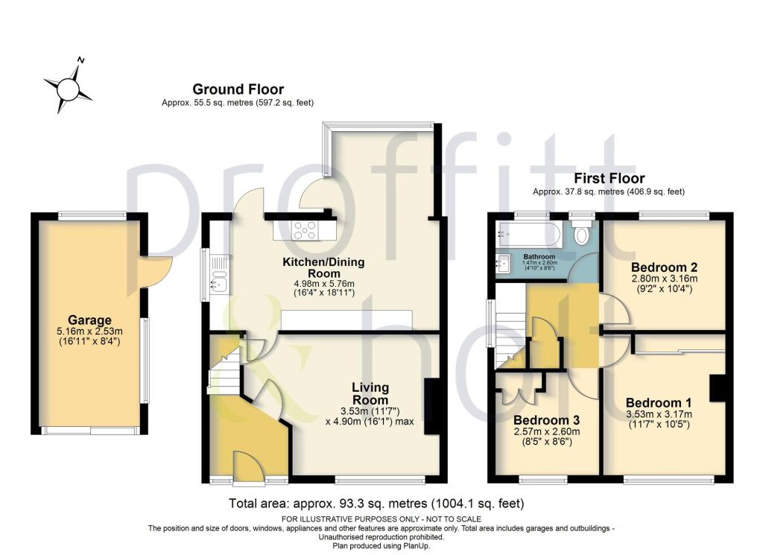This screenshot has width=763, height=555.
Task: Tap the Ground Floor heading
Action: point(238,89)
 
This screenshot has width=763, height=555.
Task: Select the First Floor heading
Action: point(610,178)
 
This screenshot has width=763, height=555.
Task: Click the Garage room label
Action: point(89,320)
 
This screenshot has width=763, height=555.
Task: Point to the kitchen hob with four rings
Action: point(305,229)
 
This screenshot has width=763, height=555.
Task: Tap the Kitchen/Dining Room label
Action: point(323,267)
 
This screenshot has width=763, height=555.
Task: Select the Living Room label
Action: point(370,393)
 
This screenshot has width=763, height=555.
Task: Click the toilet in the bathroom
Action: point(581,232)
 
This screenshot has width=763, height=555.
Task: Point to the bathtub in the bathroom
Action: point(528,234)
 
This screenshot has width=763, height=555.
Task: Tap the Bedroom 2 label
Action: point(664,267)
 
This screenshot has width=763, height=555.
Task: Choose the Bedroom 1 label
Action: point(659,403)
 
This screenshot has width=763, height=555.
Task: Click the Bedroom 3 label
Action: point(546,419)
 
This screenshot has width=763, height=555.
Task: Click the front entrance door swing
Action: point(249,469)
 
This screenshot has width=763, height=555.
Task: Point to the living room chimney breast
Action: point(431,406)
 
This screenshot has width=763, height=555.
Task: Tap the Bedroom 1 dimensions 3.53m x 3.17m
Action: point(659,414)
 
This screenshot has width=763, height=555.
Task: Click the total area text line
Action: point(376,504)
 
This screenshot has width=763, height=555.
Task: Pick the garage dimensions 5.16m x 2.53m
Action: point(89,332)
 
